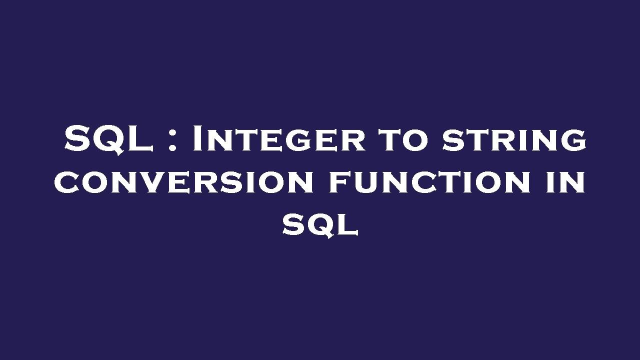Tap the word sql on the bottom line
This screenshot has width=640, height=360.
point(320,225)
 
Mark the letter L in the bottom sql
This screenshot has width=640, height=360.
point(347,225)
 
